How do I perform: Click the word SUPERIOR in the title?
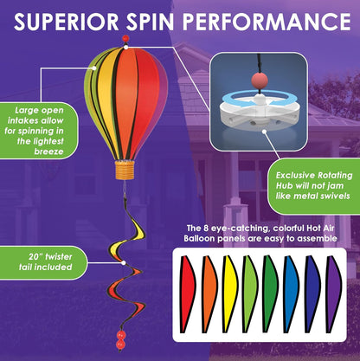pos(66,21)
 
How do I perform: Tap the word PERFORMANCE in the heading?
pos(267,21)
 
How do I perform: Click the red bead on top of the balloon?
pos(125,38)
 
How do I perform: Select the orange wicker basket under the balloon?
pos(125,170)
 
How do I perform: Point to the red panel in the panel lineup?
pos(187,293)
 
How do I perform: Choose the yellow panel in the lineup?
pos(229,293)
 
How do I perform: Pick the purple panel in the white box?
pos(334,293)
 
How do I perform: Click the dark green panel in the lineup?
pos(271,293)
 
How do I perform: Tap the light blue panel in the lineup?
pos(292,293)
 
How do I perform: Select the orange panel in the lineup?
pos(209,293)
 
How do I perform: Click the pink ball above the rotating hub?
pos(260,80)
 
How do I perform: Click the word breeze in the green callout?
pos(48,151)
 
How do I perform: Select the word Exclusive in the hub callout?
pos(295,176)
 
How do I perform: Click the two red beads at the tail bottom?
pos(120,339)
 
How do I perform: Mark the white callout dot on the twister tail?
pos(124,263)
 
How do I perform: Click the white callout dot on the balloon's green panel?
pos(94,68)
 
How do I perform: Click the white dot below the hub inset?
pos(264,132)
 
